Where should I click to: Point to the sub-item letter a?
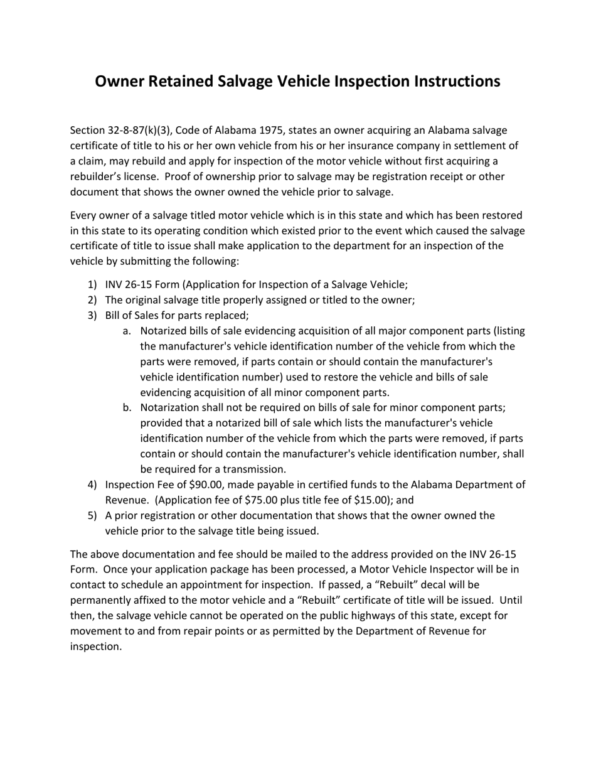point(127,331)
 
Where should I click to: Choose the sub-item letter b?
point(127,408)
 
